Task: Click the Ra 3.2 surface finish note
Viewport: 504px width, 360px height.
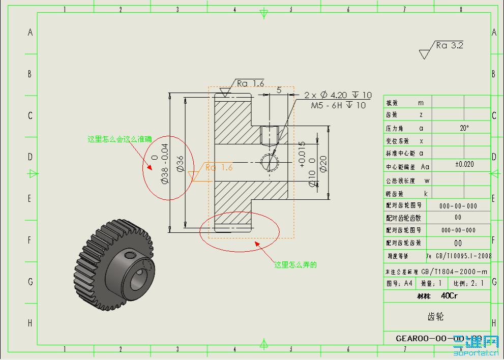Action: click(x=449, y=45)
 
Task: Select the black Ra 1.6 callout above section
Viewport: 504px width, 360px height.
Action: click(x=250, y=83)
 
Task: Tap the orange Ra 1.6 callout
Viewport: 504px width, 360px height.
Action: click(x=219, y=167)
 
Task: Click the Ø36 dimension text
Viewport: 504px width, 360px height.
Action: click(x=180, y=165)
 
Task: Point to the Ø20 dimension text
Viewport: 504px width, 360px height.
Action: click(x=323, y=163)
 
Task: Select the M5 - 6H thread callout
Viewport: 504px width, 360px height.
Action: click(x=338, y=105)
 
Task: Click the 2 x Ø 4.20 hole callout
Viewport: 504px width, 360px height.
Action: click(x=338, y=95)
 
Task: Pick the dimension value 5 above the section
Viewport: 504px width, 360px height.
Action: click(x=279, y=90)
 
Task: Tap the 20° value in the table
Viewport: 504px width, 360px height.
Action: click(x=464, y=128)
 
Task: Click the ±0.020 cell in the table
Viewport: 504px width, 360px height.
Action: click(x=464, y=164)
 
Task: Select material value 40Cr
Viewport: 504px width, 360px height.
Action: click(x=449, y=296)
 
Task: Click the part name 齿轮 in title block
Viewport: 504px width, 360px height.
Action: click(x=436, y=316)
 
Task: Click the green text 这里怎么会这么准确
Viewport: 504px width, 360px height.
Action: click(x=120, y=138)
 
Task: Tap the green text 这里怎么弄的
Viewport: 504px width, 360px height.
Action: click(x=295, y=265)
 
